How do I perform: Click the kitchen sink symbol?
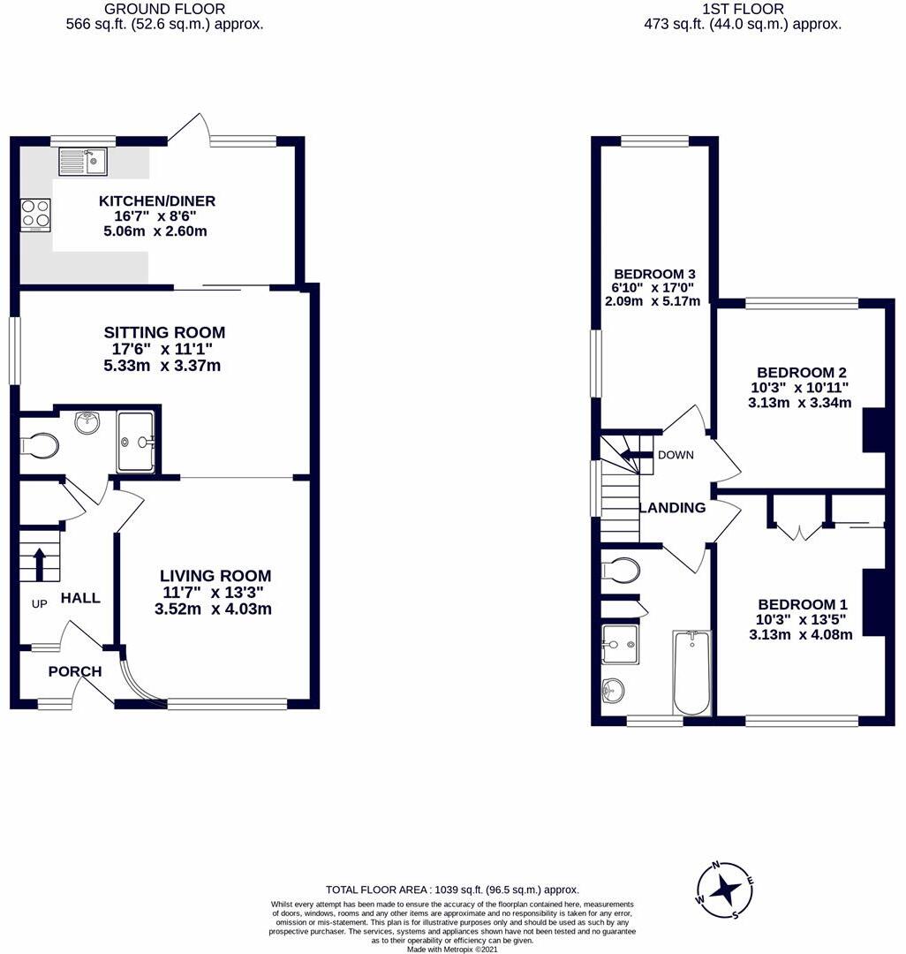pyautogui.click(x=82, y=161)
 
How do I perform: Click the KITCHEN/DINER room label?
pyautogui.click(x=157, y=201)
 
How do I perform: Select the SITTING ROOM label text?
pyautogui.click(x=164, y=332)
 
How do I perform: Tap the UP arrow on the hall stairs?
pyautogui.click(x=39, y=562)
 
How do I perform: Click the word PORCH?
pyautogui.click(x=75, y=671)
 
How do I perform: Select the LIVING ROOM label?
pyautogui.click(x=215, y=575)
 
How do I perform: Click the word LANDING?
pyautogui.click(x=672, y=508)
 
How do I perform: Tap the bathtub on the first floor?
pyautogui.click(x=691, y=672)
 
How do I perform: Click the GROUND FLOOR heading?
pyautogui.click(x=164, y=9)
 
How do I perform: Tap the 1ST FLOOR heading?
pyautogui.click(x=742, y=9)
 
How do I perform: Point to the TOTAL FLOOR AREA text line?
pyautogui.click(x=452, y=890)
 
